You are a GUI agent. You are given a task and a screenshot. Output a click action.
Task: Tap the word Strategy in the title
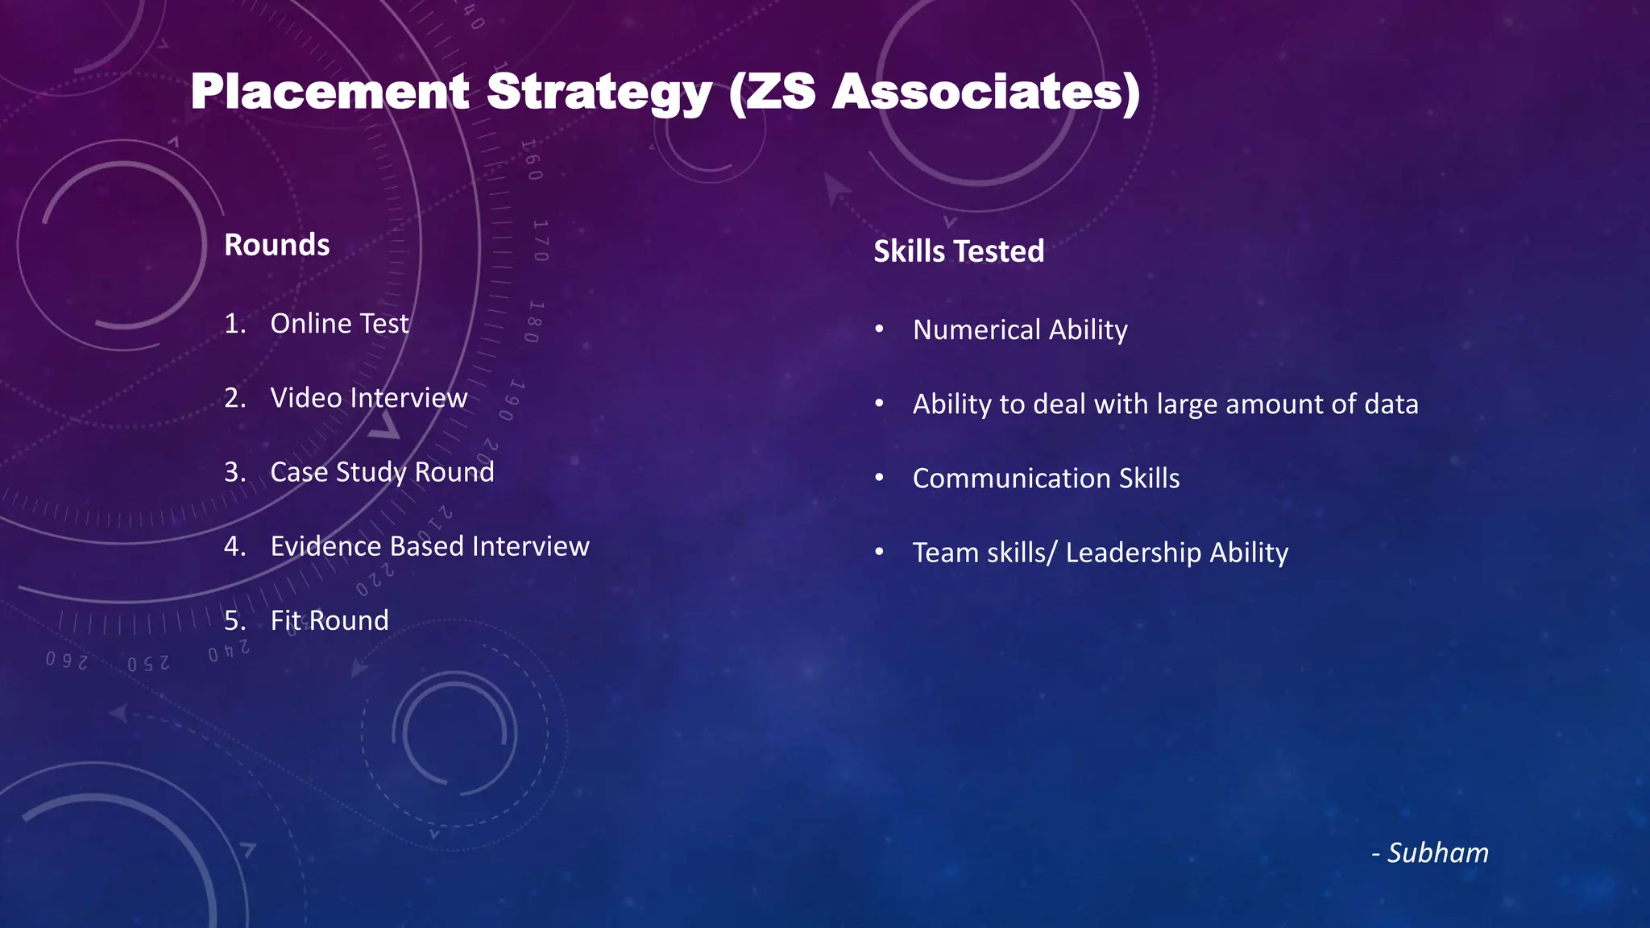coord(599,93)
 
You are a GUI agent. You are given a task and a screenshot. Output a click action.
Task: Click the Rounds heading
coord(276,244)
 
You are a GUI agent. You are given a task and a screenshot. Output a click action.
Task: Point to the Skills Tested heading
coord(959,251)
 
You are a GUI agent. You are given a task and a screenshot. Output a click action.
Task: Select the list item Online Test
coord(339,323)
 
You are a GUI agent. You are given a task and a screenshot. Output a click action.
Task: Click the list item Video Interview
coord(368,397)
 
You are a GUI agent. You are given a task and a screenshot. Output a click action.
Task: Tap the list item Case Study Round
coord(382,471)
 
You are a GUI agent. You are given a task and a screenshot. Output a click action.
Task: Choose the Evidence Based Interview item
coord(429,546)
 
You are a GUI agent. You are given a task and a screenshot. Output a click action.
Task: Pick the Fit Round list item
coord(330,620)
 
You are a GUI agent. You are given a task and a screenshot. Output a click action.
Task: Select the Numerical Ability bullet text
coord(1020,329)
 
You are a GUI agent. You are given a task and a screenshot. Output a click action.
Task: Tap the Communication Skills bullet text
coord(1046,478)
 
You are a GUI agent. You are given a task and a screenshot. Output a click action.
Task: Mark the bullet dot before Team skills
coord(880,553)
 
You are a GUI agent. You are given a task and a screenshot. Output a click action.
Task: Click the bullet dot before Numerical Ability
coord(880,329)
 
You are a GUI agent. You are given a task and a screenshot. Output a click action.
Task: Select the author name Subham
coord(1437,852)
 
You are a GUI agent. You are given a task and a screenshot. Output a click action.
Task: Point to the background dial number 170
coord(541,240)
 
